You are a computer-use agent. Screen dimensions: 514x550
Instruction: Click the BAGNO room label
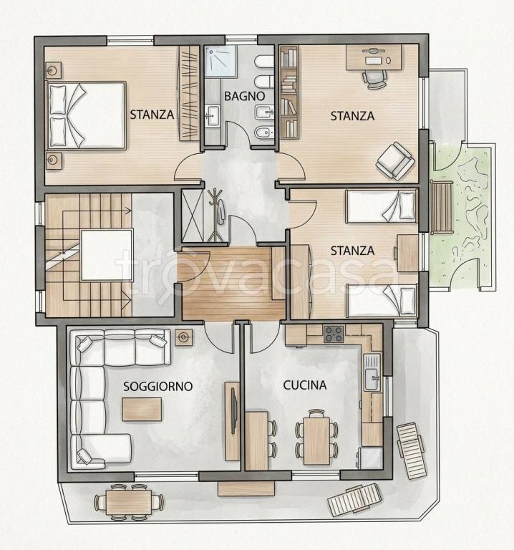pos(244,96)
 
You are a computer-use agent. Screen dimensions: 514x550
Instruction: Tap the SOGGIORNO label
pos(157,386)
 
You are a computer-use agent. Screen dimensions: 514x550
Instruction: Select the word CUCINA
pos(305,385)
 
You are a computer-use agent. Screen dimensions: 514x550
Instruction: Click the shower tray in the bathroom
pos(221,61)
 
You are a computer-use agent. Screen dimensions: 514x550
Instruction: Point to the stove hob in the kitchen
pos(334,334)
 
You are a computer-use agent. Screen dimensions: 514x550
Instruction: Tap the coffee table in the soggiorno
pos(142,409)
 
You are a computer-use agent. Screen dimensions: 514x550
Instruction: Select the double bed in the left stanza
pos(86,115)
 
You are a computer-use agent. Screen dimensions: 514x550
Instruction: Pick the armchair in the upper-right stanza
pos(395,160)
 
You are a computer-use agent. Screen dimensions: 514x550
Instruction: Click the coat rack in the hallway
pos(215,215)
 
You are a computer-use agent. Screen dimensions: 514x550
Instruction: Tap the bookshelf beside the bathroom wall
pos(289,92)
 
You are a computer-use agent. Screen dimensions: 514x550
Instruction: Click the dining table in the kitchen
pos(316,440)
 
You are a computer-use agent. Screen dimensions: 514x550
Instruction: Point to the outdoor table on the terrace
pos(129,502)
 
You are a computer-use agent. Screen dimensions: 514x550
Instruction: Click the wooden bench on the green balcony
pos(442,207)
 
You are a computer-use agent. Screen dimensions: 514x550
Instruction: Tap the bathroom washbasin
pos(212,115)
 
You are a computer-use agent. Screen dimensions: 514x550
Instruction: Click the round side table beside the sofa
pos(183,337)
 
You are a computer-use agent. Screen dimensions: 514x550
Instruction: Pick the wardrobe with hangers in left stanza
pos(189,93)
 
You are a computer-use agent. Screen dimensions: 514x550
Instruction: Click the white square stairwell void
pos(107,255)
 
